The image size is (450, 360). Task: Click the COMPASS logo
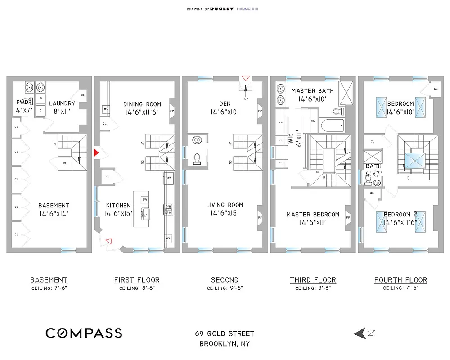(x=84, y=333)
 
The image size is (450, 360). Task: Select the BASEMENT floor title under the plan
(x=49, y=280)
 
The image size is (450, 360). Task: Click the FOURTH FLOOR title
(x=400, y=280)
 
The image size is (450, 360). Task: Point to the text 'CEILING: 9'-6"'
(x=225, y=288)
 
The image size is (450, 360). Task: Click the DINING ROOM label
(x=142, y=104)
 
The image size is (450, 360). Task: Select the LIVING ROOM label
(x=225, y=205)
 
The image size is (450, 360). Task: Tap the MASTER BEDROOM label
(x=313, y=214)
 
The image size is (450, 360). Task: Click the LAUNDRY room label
(x=62, y=103)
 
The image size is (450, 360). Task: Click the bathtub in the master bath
(x=331, y=124)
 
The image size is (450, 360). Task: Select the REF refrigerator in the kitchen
(x=169, y=178)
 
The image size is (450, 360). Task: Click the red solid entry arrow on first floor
(x=96, y=153)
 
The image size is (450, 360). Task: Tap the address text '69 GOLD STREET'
(x=225, y=333)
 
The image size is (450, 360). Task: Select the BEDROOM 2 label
(x=400, y=214)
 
